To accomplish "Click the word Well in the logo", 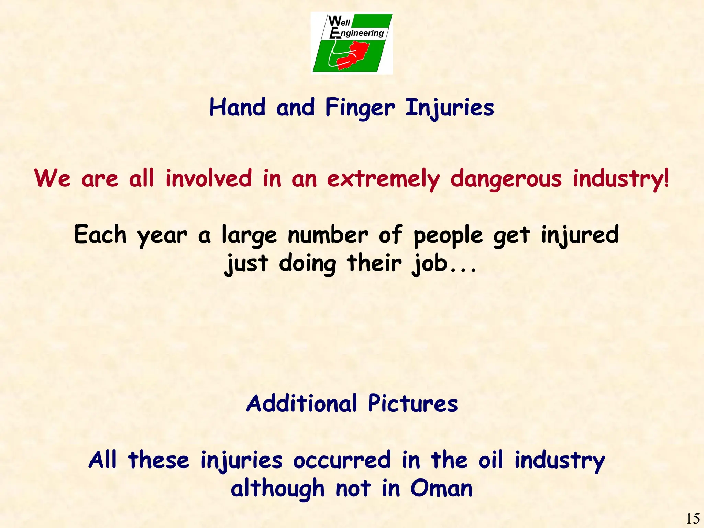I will [x=339, y=21].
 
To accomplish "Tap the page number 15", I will [x=693, y=518].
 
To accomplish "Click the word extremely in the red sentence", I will [x=383, y=179].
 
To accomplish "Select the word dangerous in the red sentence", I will [x=506, y=179].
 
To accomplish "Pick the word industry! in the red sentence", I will [x=621, y=179].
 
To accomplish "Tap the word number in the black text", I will [x=328, y=235].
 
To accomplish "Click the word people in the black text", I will [x=448, y=236].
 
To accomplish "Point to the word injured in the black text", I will [x=580, y=235].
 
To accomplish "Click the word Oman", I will [x=441, y=488].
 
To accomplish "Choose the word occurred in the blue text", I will [x=342, y=460].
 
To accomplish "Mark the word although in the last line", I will [x=278, y=488].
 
